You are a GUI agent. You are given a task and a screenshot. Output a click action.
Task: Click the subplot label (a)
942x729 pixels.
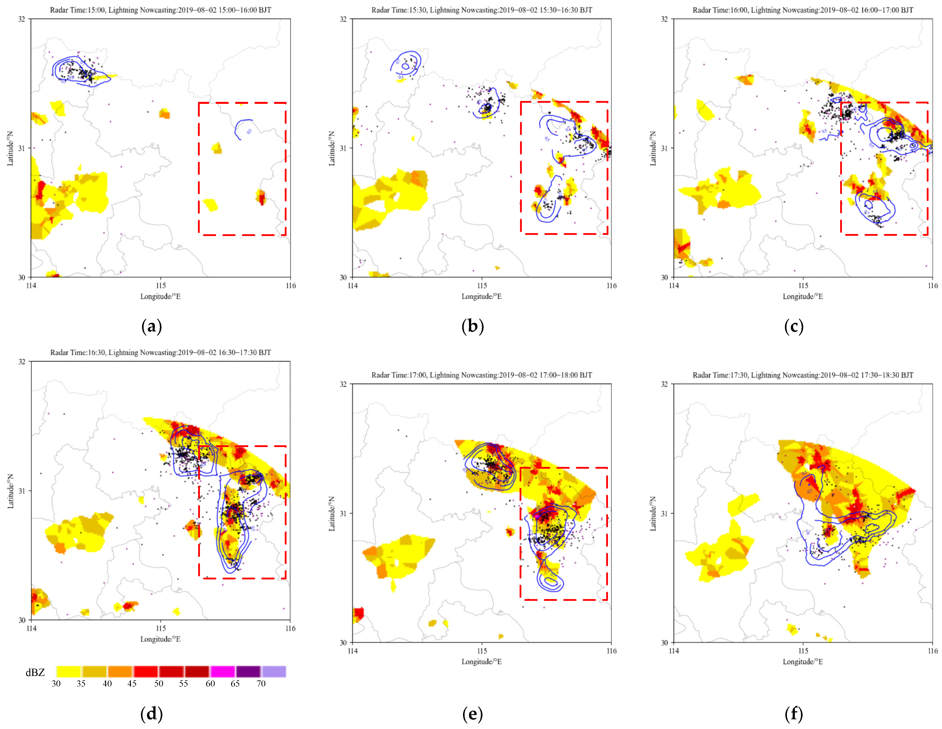(x=151, y=327)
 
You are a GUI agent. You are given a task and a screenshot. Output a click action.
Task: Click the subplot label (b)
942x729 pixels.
(x=473, y=327)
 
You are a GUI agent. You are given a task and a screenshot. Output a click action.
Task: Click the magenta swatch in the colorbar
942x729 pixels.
(x=222, y=672)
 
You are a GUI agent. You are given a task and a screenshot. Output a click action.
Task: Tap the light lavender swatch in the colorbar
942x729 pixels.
(x=274, y=672)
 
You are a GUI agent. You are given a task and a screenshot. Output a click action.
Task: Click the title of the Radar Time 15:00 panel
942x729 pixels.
(x=160, y=10)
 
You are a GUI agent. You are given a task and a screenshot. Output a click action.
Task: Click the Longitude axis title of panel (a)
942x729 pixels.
(x=160, y=296)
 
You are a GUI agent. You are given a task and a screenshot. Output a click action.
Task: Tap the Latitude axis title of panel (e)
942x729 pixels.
(x=332, y=513)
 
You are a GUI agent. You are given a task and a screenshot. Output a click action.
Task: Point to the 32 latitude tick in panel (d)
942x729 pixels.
(x=22, y=362)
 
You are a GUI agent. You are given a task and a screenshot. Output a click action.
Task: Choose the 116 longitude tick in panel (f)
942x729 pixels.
(x=933, y=651)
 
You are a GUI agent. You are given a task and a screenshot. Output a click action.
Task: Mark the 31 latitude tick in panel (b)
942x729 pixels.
(x=343, y=148)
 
